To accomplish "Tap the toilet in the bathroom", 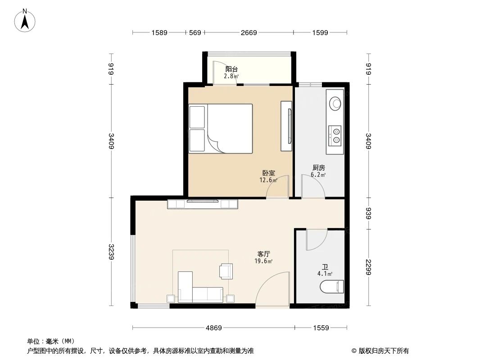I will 332,286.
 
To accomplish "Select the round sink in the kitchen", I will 335,103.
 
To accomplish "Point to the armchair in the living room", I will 226,271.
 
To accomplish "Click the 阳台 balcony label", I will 231,69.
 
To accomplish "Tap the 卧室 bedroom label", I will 269,173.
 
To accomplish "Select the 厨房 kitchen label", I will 318,168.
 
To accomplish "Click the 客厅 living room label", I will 264,254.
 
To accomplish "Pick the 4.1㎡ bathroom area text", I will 325,274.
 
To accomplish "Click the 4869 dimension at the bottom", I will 214,328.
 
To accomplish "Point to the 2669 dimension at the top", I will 249,32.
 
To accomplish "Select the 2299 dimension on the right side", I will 369,268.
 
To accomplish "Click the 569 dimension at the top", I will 195,32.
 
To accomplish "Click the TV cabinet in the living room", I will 202,204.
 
